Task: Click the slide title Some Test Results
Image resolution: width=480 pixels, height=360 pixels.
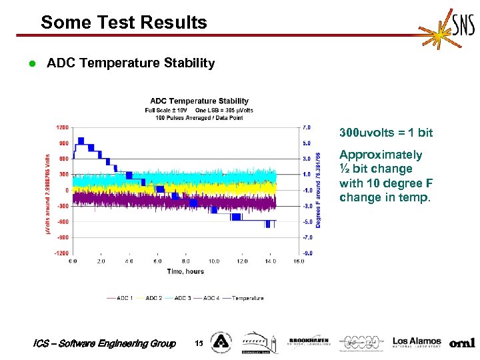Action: click(124, 23)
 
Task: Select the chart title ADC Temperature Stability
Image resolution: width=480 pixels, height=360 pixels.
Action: click(199, 101)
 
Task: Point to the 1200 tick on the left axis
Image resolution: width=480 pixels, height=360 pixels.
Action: click(62, 127)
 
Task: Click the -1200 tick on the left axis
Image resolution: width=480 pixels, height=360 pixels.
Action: click(61, 253)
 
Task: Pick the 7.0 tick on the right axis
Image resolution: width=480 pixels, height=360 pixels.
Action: click(307, 127)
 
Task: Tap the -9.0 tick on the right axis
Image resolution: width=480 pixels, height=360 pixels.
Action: click(307, 253)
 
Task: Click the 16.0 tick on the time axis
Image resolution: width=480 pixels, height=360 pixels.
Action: click(299, 261)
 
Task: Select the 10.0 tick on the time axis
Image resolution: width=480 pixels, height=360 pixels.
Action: click(214, 261)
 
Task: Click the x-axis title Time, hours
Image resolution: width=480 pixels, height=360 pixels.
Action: click(186, 271)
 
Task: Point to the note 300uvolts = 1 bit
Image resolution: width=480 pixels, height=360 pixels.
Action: click(386, 133)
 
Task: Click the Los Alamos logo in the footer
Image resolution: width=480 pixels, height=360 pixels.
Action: click(417, 343)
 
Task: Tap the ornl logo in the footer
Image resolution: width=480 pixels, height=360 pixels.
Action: click(462, 343)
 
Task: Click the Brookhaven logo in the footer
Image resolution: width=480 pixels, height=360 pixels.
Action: click(308, 343)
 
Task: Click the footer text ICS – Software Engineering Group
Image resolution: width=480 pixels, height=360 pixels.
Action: click(104, 343)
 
